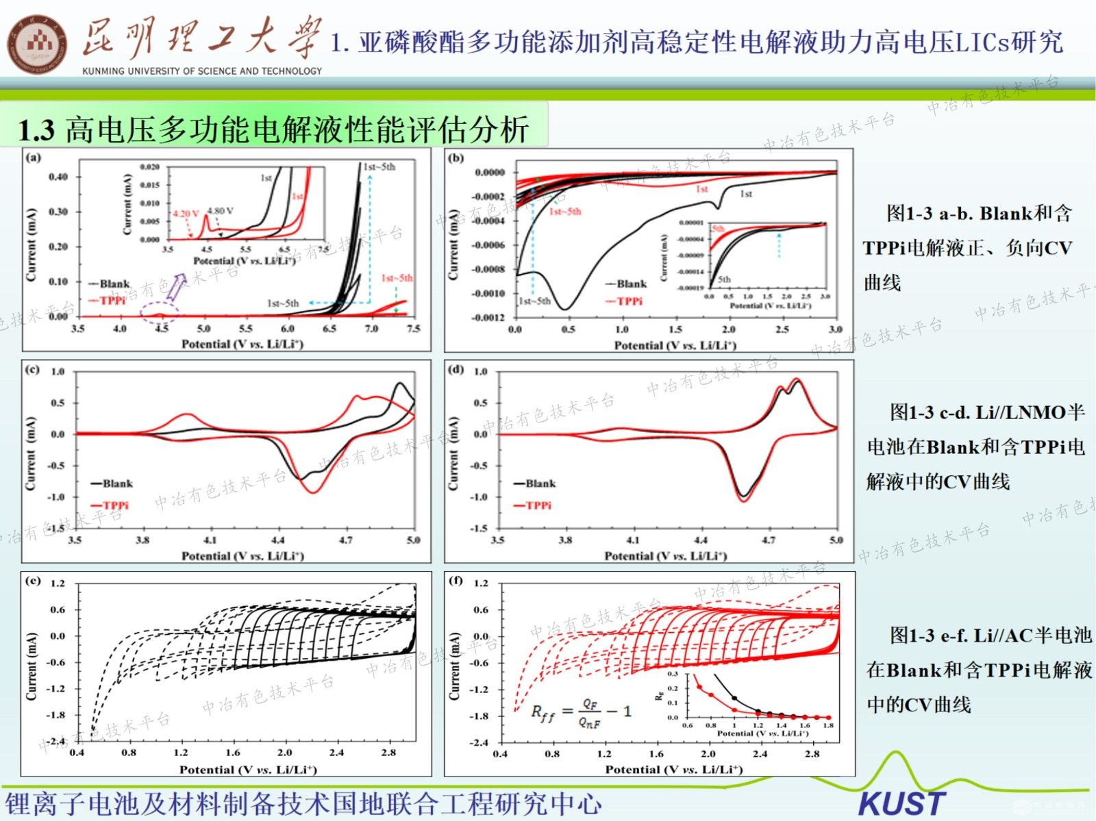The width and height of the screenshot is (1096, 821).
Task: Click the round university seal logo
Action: pyautogui.click(x=37, y=45)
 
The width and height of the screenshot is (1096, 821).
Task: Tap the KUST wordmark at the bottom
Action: pyautogui.click(x=901, y=803)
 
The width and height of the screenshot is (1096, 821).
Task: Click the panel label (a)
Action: pyautogui.click(x=33, y=157)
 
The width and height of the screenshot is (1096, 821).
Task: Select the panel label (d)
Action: pyautogui.click(x=456, y=370)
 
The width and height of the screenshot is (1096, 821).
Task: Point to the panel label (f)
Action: pyautogui.click(x=456, y=581)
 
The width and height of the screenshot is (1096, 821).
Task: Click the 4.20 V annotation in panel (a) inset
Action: pyautogui.click(x=186, y=214)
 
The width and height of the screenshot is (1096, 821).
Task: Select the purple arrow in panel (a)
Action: pyautogui.click(x=176, y=286)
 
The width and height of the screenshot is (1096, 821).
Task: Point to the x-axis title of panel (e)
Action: pyautogui.click(x=248, y=770)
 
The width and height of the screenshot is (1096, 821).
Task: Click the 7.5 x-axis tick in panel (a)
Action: pyautogui.click(x=413, y=329)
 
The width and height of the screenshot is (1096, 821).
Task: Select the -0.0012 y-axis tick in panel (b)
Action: pyautogui.click(x=488, y=318)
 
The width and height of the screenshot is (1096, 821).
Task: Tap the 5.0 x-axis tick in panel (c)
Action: pyautogui.click(x=413, y=540)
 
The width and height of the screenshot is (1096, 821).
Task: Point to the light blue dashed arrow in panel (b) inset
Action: pyautogui.click(x=779, y=244)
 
